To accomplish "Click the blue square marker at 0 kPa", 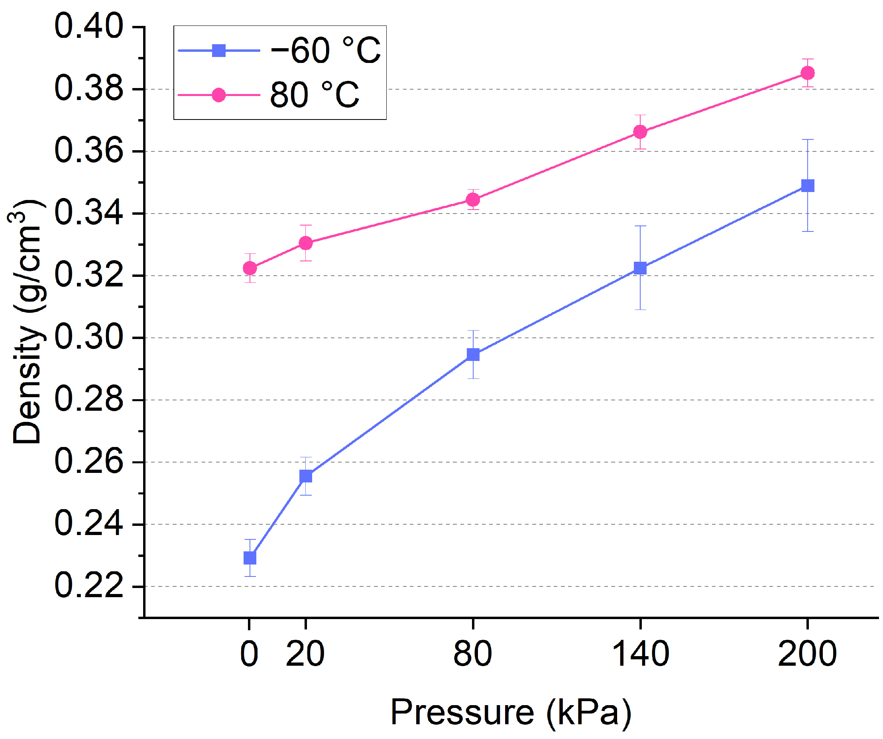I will [x=250, y=558].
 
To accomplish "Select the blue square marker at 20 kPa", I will [x=306, y=476].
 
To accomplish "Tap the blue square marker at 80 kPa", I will [x=473, y=355].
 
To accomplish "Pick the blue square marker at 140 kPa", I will [x=640, y=268].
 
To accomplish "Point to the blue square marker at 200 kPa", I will [x=807, y=186].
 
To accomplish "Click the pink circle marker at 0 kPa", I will [x=250, y=268].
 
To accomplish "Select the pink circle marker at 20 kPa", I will [x=306, y=243].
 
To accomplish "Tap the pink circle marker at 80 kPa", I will [x=473, y=200].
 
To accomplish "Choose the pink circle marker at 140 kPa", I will [x=640, y=132].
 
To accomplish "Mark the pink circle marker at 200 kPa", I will [x=807, y=73].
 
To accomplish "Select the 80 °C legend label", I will [x=315, y=95].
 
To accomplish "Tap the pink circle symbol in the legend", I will [x=218, y=95].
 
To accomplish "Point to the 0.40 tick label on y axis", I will [x=89, y=26].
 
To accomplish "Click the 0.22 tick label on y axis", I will [x=89, y=586].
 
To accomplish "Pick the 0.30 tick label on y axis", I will [x=89, y=337].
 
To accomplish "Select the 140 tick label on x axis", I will [x=640, y=654].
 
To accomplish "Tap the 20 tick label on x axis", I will [x=305, y=654].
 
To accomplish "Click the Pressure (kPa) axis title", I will [x=511, y=712].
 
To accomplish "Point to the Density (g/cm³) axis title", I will [x=28, y=321].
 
